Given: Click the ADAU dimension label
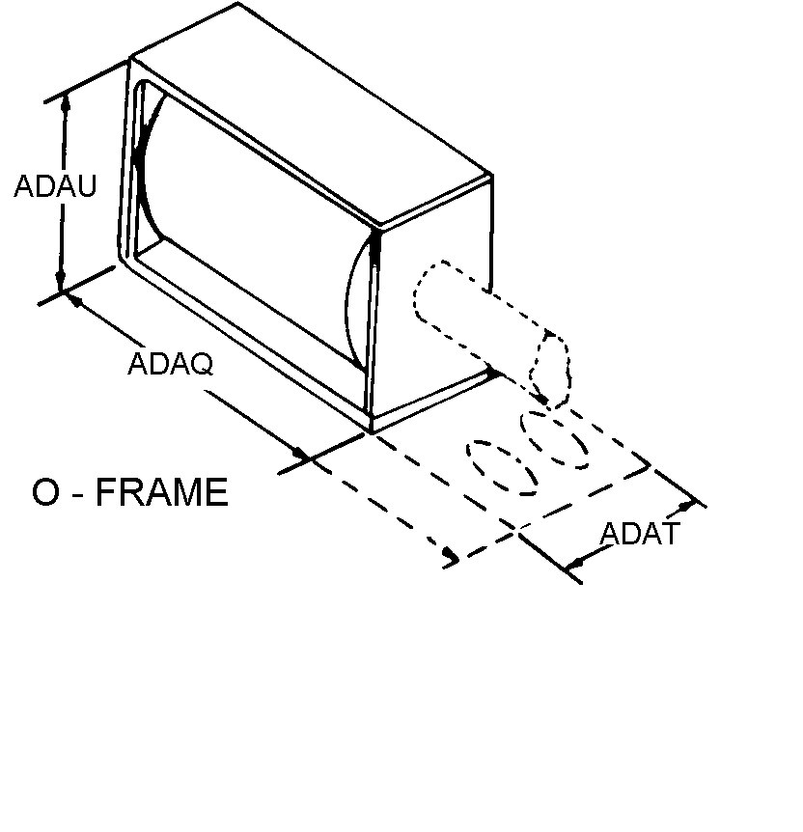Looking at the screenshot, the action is pos(55,186).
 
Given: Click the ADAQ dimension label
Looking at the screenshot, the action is pos(171,364).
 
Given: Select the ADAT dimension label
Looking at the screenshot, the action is pos(640,534).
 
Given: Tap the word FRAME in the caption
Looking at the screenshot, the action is pos(162,492).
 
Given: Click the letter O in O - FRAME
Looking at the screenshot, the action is pos(45,492).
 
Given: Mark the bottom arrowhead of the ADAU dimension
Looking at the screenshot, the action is pos(61,281).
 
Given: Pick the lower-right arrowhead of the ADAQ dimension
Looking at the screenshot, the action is pos(301,454).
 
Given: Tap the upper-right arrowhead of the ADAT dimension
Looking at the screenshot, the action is pos(687,507).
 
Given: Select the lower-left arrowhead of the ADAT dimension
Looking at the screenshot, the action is pos(575,563).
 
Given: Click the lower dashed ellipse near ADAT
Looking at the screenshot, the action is pos(501,468).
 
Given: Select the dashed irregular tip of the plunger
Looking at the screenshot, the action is pos(550,370).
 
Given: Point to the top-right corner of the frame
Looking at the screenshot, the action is pos(492,174).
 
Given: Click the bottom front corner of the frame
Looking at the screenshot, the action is pos(371,431).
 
